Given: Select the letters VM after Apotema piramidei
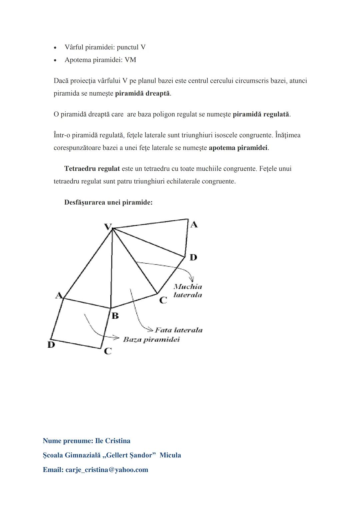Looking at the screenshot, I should (x=130, y=60).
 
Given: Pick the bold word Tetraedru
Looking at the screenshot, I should (x=80, y=169).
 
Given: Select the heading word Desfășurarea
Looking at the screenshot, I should (x=84, y=203).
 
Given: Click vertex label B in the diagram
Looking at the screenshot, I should (x=115, y=316).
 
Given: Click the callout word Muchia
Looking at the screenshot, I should (x=188, y=287).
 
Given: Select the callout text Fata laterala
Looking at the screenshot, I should (x=179, y=330).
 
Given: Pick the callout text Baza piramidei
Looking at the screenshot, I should (x=151, y=340).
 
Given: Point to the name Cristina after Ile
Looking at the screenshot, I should (x=117, y=441).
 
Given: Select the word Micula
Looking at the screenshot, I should (x=170, y=455).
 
